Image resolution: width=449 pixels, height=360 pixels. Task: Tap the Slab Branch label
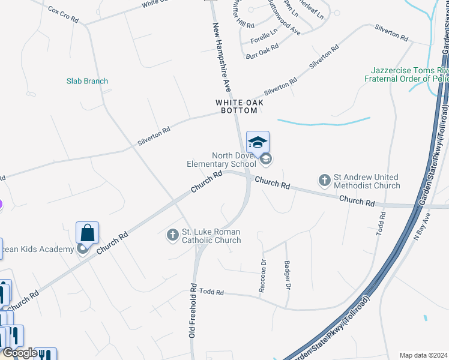coord(87,81)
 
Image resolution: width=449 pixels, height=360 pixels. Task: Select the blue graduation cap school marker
coord(258,142)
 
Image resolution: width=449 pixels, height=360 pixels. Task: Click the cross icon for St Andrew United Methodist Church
coord(325,179)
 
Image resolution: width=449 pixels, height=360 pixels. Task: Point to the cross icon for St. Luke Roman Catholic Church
coord(173,235)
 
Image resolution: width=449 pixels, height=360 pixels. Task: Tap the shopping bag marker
coord(87,233)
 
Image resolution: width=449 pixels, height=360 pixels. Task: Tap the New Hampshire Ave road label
coord(222,59)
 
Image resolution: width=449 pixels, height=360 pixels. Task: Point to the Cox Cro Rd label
coord(63,15)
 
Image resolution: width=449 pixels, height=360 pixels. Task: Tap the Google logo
coord(20,353)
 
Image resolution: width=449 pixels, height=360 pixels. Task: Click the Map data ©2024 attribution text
coord(423,355)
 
